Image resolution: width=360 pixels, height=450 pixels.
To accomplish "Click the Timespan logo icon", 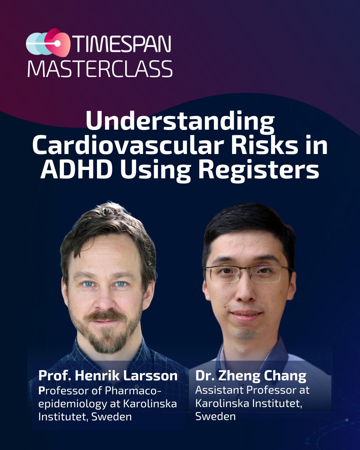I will point(48,43).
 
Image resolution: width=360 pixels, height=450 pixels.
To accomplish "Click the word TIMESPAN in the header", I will point(122,43).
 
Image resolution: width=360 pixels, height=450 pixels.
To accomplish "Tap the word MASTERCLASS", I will point(100,69).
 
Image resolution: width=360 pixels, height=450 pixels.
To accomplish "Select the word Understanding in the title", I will point(180,121).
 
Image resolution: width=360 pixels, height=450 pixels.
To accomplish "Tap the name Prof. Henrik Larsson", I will point(108,376).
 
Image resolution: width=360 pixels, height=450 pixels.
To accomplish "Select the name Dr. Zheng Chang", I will point(251,376).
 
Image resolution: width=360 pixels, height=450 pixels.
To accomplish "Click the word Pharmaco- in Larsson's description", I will point(133,390).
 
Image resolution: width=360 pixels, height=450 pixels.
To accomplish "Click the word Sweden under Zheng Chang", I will point(215,416).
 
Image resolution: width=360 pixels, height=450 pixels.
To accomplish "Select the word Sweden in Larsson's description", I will point(112,417).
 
